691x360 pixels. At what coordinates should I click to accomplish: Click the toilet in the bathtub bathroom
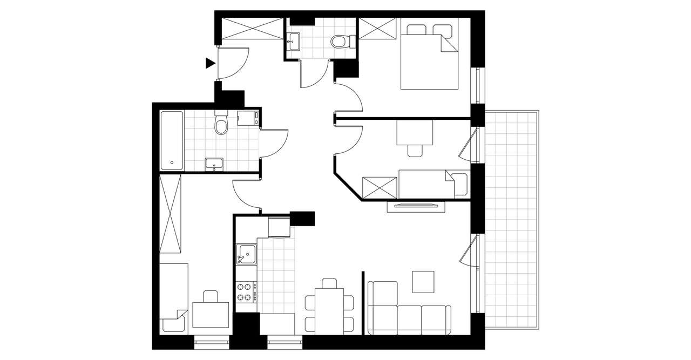point(220,125)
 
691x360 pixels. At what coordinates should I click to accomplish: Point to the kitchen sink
point(246,254)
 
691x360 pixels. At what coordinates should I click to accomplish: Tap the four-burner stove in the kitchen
point(246,292)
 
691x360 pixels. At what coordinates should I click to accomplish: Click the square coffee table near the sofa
point(423,281)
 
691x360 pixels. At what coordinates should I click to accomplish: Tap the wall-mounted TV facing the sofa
point(416,205)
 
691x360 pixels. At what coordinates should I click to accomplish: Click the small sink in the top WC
point(294,40)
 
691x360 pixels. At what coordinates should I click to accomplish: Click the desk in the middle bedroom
point(415,133)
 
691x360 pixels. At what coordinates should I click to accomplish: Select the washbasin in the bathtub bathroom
point(214,164)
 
